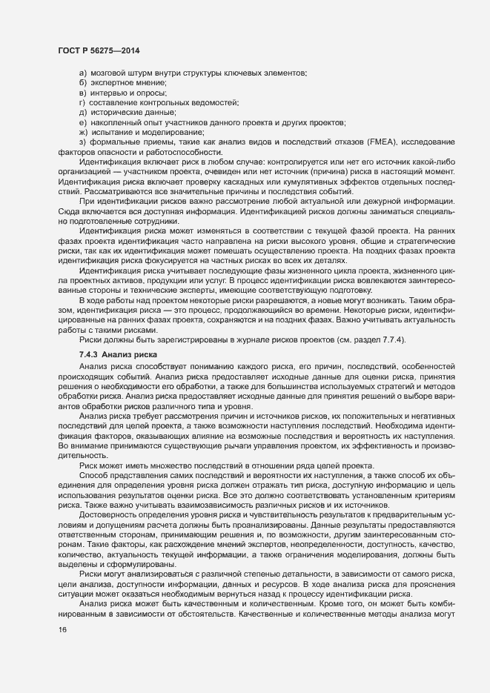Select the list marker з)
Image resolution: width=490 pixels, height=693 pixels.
point(83,142)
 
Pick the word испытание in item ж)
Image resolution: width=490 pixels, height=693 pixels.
point(112,131)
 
